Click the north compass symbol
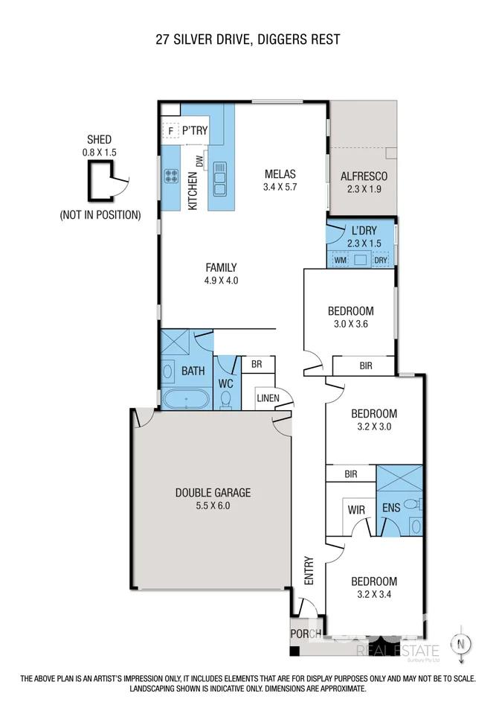click(463, 644)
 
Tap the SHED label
click(99, 139)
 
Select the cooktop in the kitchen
click(171, 177)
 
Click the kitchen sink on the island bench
click(220, 177)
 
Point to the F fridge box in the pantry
click(170, 131)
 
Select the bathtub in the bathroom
click(186, 400)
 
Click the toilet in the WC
click(226, 401)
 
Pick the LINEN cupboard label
click(268, 398)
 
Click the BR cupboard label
click(257, 365)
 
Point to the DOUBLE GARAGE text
click(213, 492)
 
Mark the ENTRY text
click(308, 572)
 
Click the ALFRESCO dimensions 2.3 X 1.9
click(363, 189)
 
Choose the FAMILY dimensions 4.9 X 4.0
click(222, 281)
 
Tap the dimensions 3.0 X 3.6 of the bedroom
click(351, 324)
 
